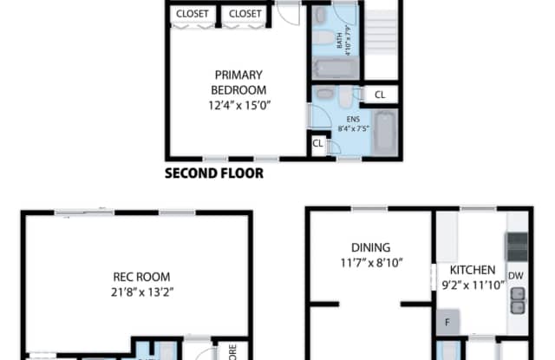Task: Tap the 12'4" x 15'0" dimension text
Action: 238,105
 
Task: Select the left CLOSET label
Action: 193,14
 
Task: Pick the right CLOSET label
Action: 246,14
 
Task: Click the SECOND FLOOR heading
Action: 214,173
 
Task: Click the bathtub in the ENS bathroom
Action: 386,133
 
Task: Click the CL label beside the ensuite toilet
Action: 380,95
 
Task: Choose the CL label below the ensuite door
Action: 317,144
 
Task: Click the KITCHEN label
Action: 473,270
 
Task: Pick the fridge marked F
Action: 448,320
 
